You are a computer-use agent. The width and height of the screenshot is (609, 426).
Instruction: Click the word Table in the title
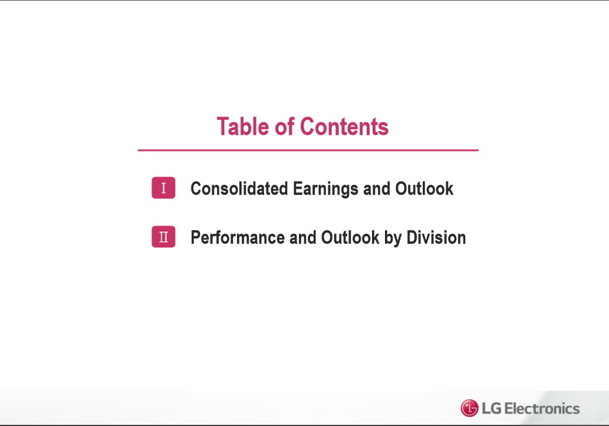[243, 127]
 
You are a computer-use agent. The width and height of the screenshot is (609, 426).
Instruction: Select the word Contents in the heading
[344, 127]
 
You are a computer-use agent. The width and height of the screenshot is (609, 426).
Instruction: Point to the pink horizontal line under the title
[308, 150]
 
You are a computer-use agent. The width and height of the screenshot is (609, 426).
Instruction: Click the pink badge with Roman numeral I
[163, 187]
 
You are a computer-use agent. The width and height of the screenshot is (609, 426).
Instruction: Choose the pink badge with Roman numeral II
[163, 236]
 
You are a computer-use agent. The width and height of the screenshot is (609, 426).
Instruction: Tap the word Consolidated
[239, 189]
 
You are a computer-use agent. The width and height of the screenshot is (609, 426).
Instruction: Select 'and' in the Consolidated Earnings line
[377, 189]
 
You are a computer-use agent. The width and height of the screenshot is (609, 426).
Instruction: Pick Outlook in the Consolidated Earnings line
[424, 189]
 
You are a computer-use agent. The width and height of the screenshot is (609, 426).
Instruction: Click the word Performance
[238, 237]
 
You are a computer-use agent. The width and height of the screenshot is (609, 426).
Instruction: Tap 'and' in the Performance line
[302, 237]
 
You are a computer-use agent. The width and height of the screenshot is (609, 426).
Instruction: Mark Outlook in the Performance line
[350, 237]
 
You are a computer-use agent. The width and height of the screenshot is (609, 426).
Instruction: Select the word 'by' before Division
[393, 239]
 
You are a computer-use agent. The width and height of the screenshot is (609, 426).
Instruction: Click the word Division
[436, 237]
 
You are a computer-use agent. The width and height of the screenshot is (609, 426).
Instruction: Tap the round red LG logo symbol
[469, 408]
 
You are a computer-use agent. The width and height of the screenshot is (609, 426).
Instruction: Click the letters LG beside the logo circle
[491, 408]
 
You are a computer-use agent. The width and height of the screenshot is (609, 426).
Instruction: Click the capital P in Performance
[196, 237]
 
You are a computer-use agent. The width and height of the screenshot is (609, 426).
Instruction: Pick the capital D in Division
[412, 237]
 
